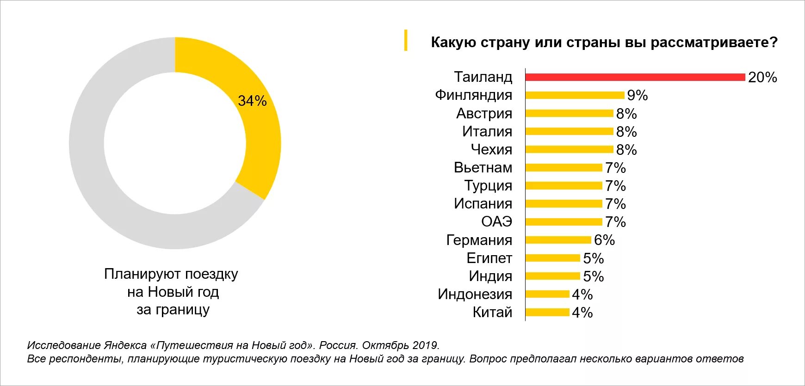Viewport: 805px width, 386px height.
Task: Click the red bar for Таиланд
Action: click(635, 77)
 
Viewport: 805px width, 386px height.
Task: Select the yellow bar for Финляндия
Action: click(575, 95)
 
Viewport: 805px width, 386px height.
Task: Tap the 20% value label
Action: click(762, 77)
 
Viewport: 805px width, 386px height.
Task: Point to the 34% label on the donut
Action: click(252, 101)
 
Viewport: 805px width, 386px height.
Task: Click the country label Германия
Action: click(479, 240)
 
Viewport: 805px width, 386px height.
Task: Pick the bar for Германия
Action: click(558, 240)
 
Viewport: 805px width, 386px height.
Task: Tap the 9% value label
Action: click(637, 95)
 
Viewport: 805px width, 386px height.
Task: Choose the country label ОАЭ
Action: click(496, 222)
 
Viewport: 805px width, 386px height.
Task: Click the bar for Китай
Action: click(547, 312)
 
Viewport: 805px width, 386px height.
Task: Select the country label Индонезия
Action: click(475, 294)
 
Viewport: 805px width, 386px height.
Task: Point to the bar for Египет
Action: click(552, 258)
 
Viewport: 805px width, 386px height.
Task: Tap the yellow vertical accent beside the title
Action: click(406, 40)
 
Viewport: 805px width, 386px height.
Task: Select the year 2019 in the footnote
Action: click(425, 345)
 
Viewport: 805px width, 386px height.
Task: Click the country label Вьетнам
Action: click(483, 167)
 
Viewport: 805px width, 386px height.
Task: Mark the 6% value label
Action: click(604, 240)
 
